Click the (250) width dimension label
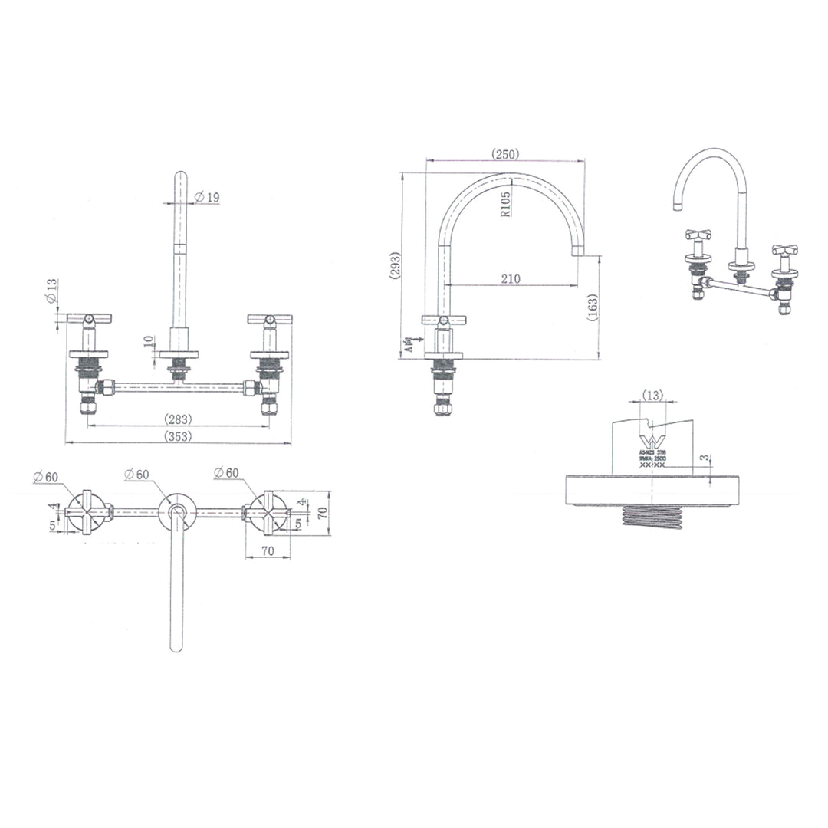(x=505, y=154)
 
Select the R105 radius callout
(x=507, y=202)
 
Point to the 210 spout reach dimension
(x=509, y=279)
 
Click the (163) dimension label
(x=592, y=308)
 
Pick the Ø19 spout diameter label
(x=207, y=198)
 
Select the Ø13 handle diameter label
(x=51, y=291)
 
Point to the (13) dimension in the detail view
(x=653, y=395)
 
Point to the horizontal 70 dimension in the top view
(x=268, y=550)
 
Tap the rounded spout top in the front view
(x=179, y=176)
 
